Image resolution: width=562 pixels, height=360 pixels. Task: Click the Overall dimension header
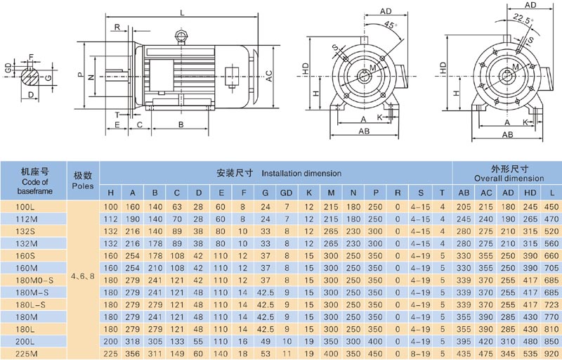coord(507,179)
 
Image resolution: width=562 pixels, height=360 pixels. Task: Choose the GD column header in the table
coord(287,193)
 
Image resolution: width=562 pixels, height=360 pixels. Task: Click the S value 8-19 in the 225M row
coord(420,354)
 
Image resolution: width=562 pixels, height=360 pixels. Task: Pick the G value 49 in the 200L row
coord(265,342)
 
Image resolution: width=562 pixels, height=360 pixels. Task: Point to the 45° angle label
coord(391,25)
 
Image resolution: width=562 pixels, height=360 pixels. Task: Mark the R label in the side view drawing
coord(117,27)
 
